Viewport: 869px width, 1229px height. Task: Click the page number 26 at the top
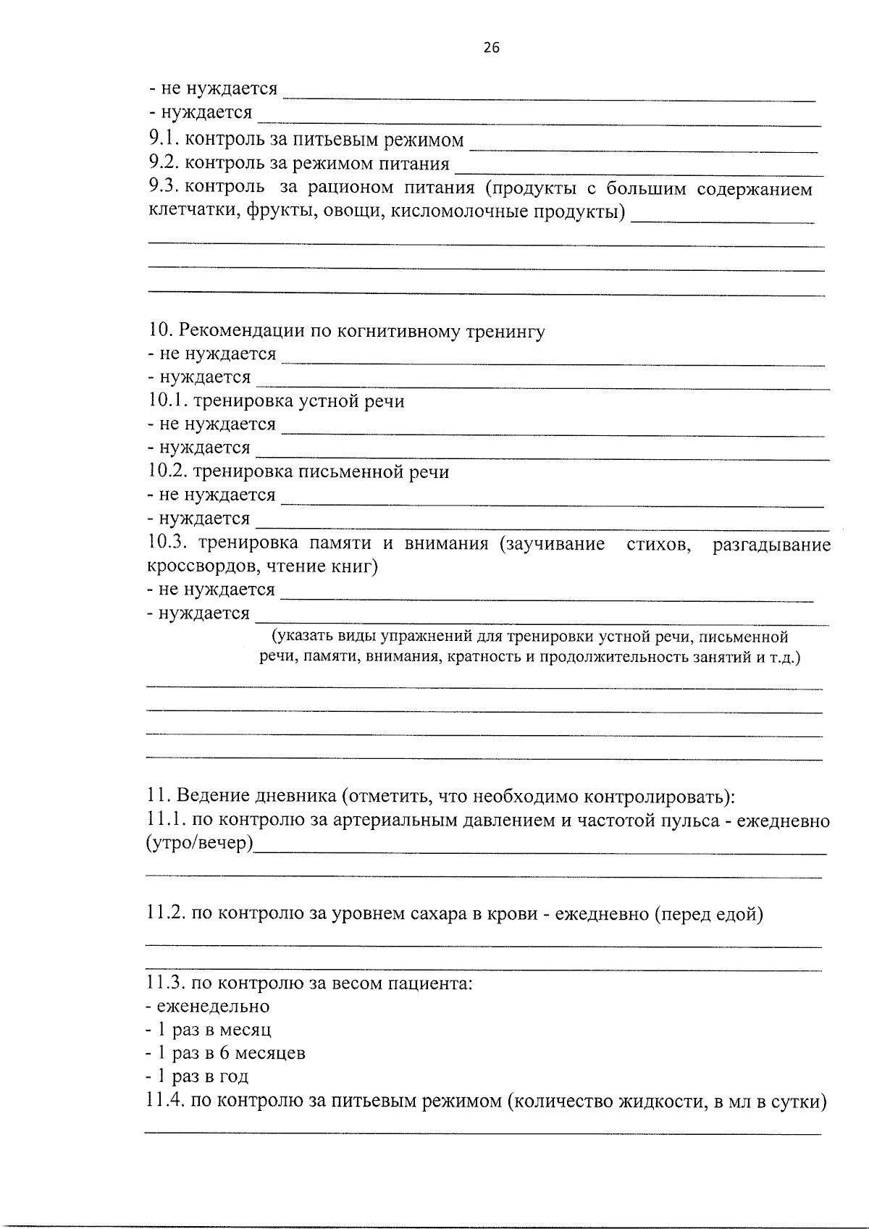(x=490, y=49)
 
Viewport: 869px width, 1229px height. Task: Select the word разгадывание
(x=771, y=544)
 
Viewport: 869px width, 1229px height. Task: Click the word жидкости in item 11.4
(x=658, y=1102)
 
